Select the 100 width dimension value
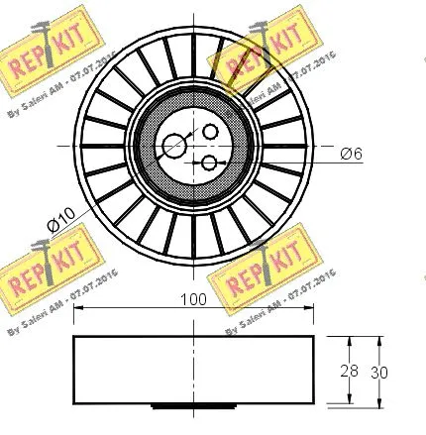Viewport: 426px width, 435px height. point(192,298)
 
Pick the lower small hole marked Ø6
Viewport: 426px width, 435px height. point(210,163)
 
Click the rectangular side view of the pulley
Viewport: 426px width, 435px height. point(193,370)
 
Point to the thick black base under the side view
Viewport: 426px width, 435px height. point(193,404)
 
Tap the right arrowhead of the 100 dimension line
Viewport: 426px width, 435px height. point(310,312)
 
